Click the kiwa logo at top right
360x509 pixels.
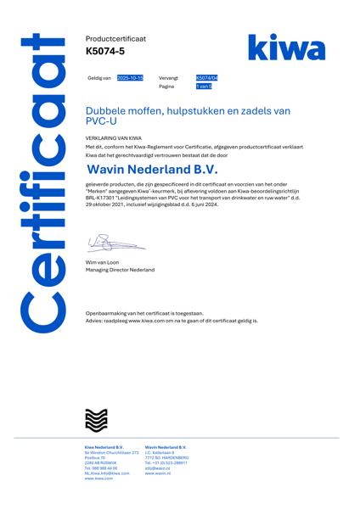pyautogui.click(x=286, y=48)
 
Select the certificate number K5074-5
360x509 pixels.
pyautogui.click(x=105, y=53)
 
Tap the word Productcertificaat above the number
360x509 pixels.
pyautogui.click(x=115, y=39)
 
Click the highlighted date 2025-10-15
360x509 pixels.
pyautogui.click(x=131, y=77)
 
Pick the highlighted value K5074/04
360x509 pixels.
pyautogui.click(x=207, y=77)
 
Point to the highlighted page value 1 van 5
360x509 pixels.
pyautogui.click(x=204, y=87)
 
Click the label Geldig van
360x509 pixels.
pyautogui.click(x=99, y=77)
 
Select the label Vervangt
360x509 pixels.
pyautogui.click(x=168, y=77)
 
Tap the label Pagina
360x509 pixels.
pyautogui.click(x=166, y=87)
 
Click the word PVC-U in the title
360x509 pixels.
pyautogui.click(x=103, y=121)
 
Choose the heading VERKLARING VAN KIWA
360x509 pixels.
pyautogui.click(x=113, y=137)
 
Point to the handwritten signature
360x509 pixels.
pyautogui.click(x=115, y=245)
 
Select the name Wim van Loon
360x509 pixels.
pyautogui.click(x=103, y=263)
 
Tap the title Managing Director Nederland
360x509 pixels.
pyautogui.click(x=120, y=270)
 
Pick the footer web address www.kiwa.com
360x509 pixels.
pyautogui.click(x=98, y=478)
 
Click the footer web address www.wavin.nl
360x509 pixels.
pyautogui.click(x=157, y=473)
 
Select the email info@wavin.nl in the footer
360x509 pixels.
pyautogui.click(x=158, y=468)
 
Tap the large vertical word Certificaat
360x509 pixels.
pyautogui.click(x=43, y=182)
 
